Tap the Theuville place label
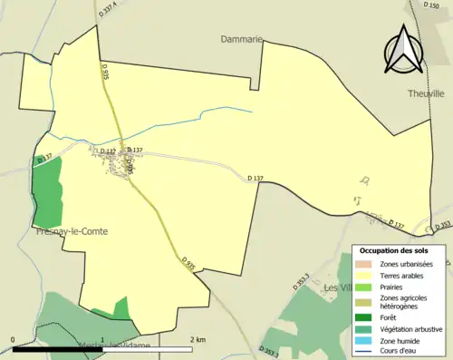425,93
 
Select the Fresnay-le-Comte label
72,231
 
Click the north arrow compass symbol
405,50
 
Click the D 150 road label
430,6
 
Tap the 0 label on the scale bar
13,340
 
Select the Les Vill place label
336,287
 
